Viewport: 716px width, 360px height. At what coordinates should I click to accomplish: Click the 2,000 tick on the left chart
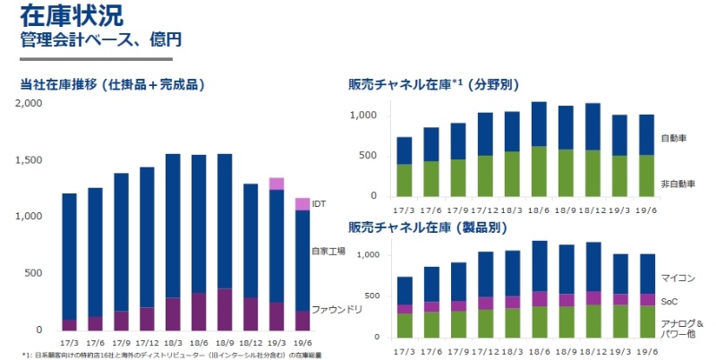pos(30,103)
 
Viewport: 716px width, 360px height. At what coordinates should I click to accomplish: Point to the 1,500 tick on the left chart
pos(30,159)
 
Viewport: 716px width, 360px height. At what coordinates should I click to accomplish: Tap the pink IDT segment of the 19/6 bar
pos(302,204)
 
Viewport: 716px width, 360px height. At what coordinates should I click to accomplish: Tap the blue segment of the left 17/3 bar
pos(69,256)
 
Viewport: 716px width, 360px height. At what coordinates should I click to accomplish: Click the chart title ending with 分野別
pos(434,85)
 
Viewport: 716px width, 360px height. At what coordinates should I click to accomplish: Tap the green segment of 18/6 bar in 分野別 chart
pos(539,171)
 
